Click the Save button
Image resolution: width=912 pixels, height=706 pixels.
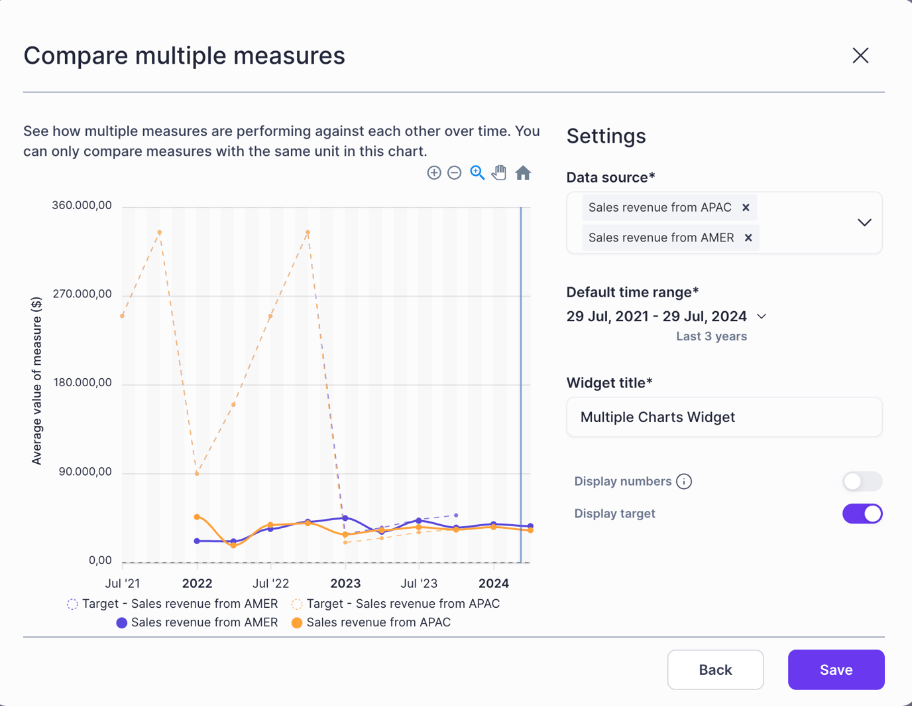836,670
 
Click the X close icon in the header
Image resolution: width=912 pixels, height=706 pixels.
860,56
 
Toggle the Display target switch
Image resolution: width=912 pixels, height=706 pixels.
862,514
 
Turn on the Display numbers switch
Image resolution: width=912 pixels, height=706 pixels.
862,481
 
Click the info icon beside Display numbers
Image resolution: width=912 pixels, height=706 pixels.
684,481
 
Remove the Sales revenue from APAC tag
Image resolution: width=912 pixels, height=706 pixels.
746,208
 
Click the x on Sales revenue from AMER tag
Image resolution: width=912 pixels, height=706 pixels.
748,238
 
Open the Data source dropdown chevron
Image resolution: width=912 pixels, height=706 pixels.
864,222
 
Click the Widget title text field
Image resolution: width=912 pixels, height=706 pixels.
724,417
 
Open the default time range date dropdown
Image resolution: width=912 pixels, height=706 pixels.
762,317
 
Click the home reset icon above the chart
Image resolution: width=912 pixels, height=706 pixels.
523,173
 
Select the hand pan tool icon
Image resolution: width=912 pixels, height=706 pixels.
499,173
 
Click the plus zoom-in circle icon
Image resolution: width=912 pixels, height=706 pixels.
434,173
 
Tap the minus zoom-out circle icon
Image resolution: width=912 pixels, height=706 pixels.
454,173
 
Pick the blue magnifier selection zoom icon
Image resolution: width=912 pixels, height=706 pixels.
477,173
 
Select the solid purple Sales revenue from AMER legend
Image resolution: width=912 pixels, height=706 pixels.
197,622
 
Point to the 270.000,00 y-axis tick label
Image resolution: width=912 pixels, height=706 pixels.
82,294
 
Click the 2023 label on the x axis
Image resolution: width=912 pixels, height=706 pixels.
345,583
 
